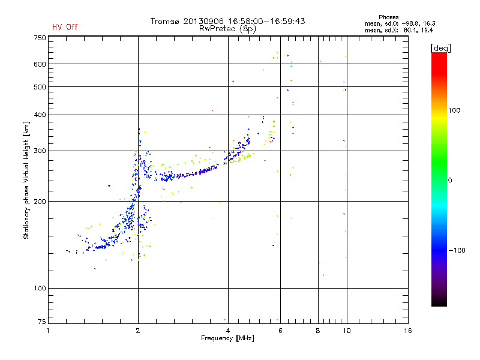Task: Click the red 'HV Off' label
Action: click(x=64, y=27)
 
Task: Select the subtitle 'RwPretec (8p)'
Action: click(x=227, y=28)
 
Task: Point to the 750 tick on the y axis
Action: click(x=40, y=37)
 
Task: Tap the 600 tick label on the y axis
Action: click(x=40, y=64)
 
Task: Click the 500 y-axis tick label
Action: click(x=40, y=86)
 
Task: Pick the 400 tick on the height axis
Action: click(x=40, y=115)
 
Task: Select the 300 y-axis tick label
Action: click(x=40, y=151)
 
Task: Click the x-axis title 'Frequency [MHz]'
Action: click(x=227, y=338)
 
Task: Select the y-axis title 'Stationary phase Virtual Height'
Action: click(x=26, y=180)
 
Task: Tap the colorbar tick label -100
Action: click(x=457, y=250)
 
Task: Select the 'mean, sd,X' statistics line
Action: click(x=399, y=29)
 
